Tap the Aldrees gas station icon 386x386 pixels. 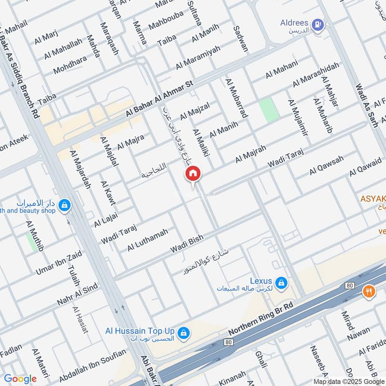[x=317, y=24]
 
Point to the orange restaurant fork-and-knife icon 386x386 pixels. [x=369, y=291]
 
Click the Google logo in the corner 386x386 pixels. [x=20, y=379]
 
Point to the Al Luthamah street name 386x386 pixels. [x=148, y=240]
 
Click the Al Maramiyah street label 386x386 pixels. [x=198, y=57]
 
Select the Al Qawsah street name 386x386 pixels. [x=327, y=165]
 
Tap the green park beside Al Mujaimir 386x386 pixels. [x=269, y=110]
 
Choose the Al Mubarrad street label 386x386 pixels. [x=236, y=98]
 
